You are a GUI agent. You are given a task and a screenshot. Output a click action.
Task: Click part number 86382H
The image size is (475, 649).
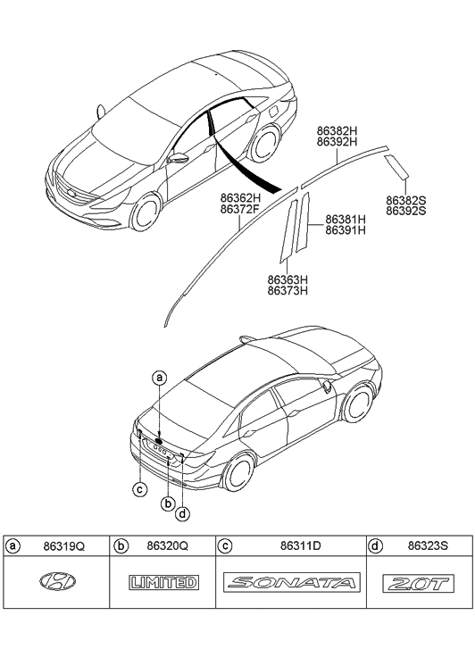(x=337, y=129)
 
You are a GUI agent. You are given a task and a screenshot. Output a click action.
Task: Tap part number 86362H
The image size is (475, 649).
(x=240, y=197)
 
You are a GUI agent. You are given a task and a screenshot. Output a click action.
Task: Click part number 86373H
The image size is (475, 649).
(x=287, y=290)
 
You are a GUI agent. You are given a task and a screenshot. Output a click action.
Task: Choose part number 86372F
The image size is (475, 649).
(x=240, y=210)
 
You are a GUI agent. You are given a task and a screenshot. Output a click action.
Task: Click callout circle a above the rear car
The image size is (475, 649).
(x=159, y=378)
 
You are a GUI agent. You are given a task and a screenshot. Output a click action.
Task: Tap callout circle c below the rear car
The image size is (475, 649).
(x=139, y=487)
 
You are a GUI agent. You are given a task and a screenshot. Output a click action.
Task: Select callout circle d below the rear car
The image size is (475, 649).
(x=183, y=512)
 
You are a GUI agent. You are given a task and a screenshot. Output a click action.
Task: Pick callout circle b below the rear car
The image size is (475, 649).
(x=167, y=503)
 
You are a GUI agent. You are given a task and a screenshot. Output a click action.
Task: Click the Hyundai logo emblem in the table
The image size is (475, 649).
(x=58, y=583)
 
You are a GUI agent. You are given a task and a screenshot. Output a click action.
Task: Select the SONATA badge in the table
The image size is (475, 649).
(x=291, y=583)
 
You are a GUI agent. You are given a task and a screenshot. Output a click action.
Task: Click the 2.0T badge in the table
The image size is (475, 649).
(x=416, y=583)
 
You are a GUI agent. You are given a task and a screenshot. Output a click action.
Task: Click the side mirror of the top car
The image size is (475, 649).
(x=179, y=160)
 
